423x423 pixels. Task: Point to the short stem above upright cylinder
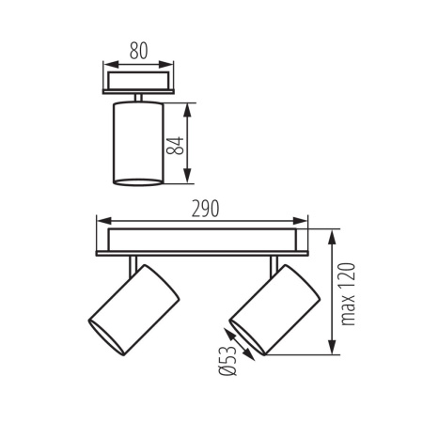pos(137,97)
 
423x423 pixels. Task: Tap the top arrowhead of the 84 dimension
pos(190,107)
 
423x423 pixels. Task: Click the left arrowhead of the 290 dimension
pos(102,222)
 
